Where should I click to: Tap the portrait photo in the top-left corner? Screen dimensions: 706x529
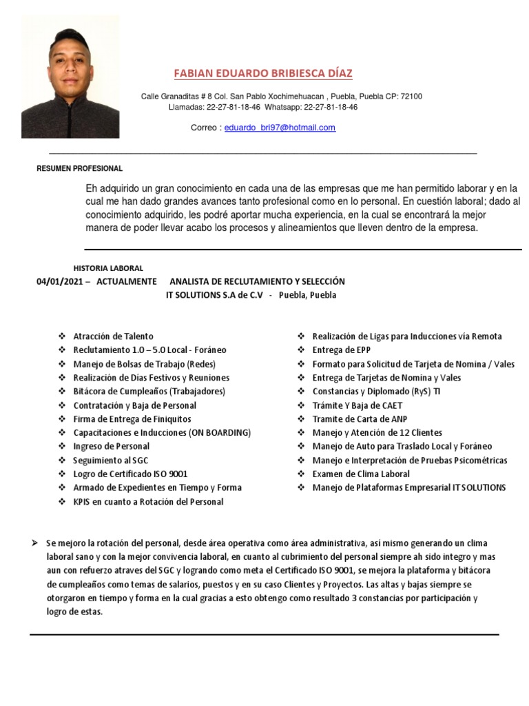[x=70, y=77]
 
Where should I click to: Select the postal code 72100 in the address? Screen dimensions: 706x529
[x=411, y=97]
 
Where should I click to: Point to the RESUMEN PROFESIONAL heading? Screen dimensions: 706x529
[x=79, y=168]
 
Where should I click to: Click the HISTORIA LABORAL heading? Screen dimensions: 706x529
[x=108, y=268]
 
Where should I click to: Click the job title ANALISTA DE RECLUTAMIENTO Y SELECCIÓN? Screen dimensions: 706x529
[x=257, y=281]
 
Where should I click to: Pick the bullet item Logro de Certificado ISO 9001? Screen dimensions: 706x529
[x=130, y=474]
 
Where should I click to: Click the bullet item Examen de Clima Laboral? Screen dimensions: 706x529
[x=361, y=474]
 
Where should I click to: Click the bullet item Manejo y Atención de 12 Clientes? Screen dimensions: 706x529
[x=377, y=432]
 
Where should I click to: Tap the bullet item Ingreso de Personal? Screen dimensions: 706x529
[x=111, y=446]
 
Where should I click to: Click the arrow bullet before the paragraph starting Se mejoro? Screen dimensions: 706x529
[x=34, y=543]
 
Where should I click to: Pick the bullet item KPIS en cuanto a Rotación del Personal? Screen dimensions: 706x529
[x=148, y=501]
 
